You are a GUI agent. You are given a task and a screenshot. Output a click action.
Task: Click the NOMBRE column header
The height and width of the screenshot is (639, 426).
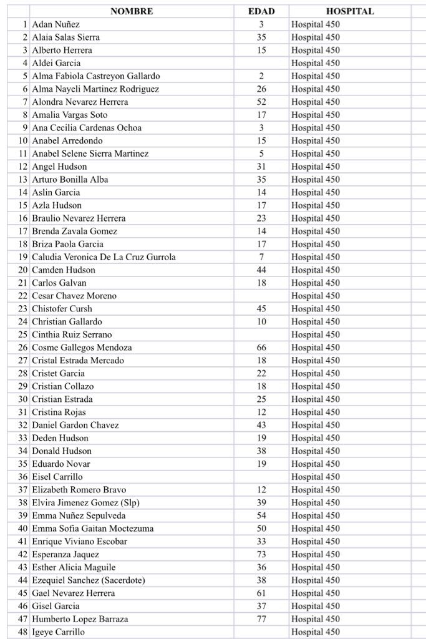point(131,11)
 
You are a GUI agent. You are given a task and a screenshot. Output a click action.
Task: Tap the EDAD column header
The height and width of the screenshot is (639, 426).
point(261,11)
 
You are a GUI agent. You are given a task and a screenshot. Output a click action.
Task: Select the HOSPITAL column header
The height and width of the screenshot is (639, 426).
point(350,11)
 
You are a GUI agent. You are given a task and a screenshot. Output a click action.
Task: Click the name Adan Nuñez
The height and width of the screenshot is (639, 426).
point(56,24)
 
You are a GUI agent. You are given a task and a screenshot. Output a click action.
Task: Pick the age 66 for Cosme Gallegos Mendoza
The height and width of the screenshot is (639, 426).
point(261,348)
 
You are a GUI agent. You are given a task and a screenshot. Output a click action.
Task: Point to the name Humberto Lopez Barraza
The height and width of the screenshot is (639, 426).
point(80,619)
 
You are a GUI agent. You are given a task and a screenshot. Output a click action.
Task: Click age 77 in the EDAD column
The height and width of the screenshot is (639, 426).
point(261,619)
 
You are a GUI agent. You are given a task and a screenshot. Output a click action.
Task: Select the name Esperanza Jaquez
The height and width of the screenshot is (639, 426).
point(65,554)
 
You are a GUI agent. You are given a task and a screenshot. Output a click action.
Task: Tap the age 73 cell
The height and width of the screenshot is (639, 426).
point(261,554)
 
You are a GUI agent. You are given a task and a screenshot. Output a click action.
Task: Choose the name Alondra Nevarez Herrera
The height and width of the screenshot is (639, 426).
point(80,102)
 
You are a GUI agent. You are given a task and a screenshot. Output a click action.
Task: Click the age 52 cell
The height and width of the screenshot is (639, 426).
point(261,102)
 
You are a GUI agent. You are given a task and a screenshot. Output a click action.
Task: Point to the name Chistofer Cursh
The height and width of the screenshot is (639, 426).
point(62,309)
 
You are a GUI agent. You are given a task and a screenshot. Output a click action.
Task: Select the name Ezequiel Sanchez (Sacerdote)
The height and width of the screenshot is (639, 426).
point(89,580)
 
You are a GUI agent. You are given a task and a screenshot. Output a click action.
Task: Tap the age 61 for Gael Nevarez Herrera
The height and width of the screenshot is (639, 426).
point(261,593)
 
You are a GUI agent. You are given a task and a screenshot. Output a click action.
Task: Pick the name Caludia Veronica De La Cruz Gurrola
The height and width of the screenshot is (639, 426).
point(104,257)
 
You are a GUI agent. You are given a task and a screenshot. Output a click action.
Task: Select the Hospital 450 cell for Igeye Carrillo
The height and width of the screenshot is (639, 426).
point(316,632)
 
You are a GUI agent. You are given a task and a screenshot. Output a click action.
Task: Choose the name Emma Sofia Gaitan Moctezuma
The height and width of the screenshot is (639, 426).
point(93,529)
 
